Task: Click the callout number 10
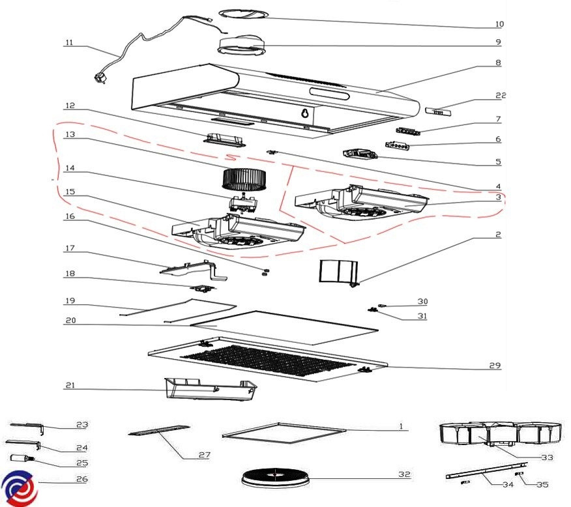click(499, 24)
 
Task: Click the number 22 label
click(500, 96)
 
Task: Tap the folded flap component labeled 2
click(338, 271)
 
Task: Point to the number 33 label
click(547, 457)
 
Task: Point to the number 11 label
click(69, 44)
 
